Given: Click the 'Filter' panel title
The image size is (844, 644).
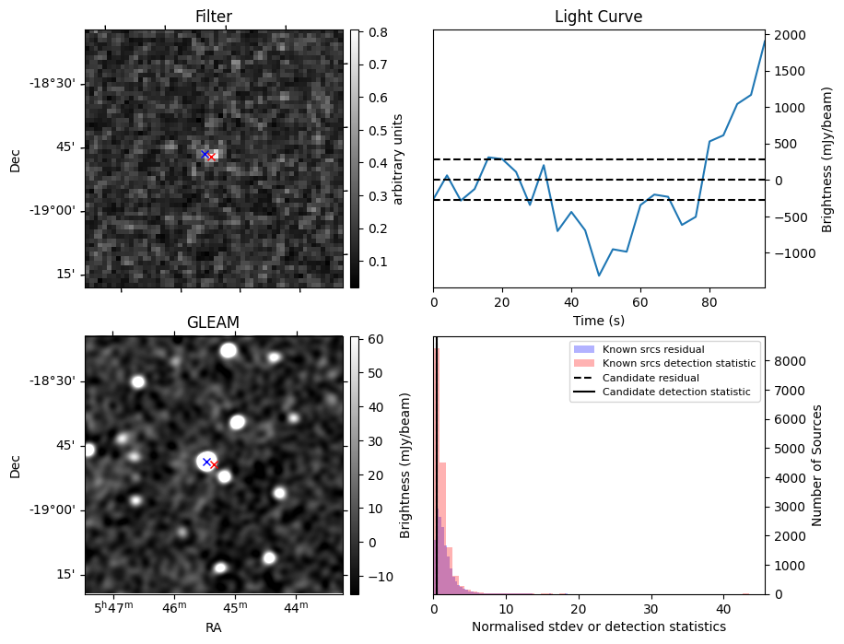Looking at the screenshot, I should (x=214, y=17).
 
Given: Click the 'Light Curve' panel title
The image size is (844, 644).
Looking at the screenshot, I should (x=598, y=17).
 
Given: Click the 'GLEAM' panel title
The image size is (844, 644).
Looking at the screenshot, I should (x=213, y=322).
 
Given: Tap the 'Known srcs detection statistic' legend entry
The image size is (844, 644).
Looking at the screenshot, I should (x=678, y=364).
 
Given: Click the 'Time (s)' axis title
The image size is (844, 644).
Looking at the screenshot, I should (x=598, y=319).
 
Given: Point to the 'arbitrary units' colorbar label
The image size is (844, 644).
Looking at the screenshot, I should (x=399, y=158).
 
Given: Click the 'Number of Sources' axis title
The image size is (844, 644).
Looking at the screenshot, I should (x=816, y=465).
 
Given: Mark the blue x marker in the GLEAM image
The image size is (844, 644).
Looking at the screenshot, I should (x=206, y=461).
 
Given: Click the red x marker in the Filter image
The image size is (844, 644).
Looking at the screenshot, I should (x=211, y=158).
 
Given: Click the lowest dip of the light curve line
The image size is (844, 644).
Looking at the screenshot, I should (x=599, y=275).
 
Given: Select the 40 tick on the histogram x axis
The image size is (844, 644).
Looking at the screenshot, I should (x=722, y=608).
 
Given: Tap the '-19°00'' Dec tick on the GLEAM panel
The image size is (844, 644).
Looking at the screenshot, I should (x=54, y=509).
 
